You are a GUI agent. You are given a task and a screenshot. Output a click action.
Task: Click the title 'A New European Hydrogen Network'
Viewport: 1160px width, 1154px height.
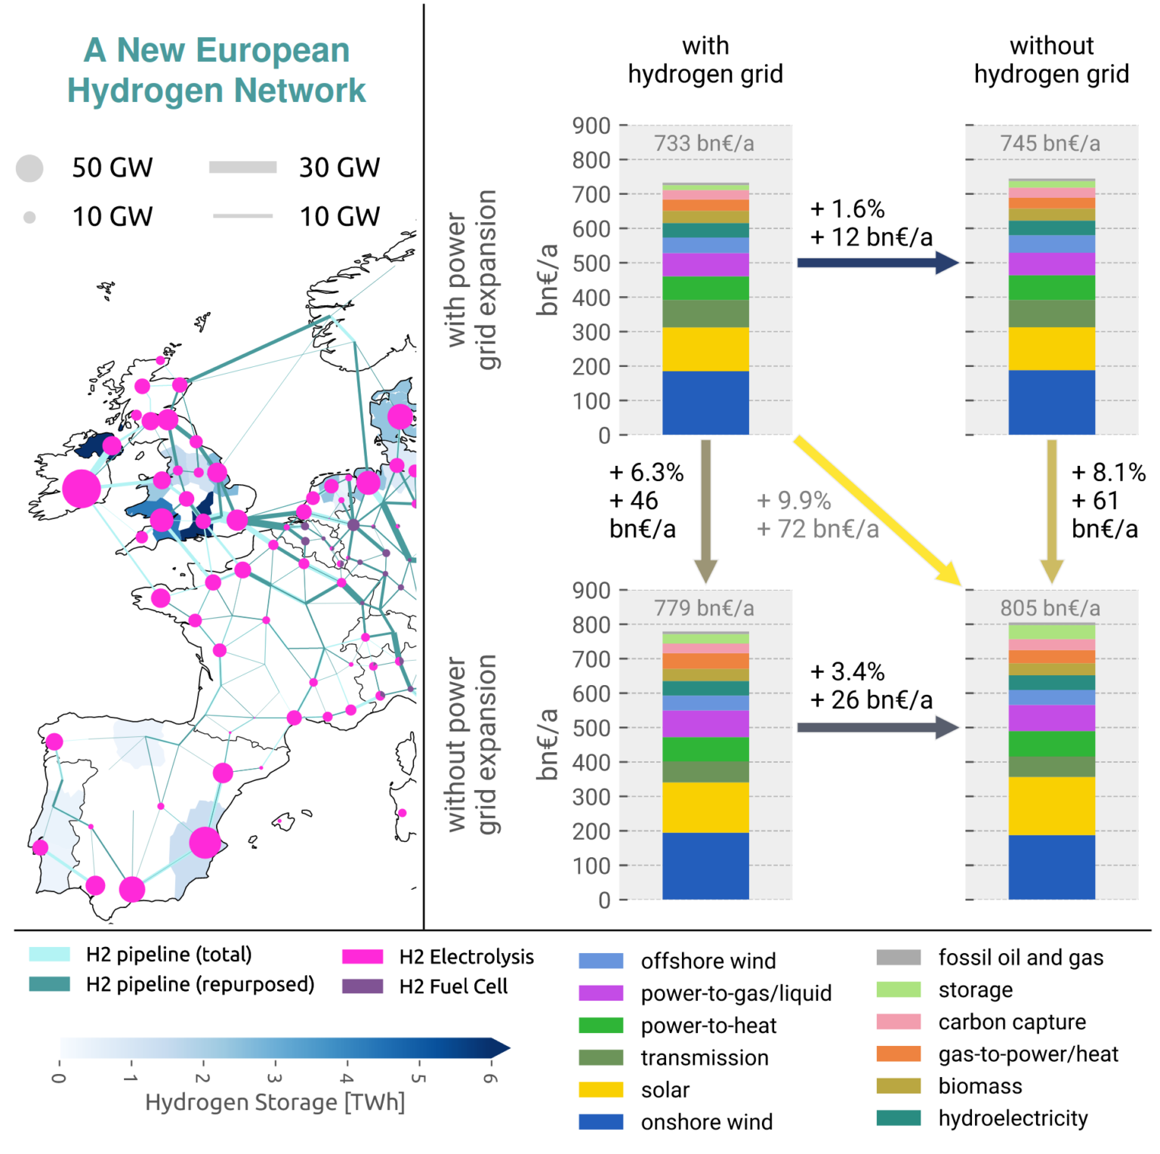216,70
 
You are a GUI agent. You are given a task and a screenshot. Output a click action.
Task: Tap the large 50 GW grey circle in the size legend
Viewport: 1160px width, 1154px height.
29,168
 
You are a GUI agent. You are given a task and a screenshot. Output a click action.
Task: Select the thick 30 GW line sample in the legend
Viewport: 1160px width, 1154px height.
242,168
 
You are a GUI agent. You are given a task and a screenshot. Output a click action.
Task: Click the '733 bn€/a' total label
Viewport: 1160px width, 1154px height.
704,143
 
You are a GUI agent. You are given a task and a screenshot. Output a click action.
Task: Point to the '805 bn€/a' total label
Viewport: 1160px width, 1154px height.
1050,608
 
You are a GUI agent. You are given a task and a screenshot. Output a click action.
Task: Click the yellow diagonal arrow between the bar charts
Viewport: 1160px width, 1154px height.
876,510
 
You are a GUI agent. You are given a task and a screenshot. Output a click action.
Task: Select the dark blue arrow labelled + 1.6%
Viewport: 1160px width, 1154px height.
876,263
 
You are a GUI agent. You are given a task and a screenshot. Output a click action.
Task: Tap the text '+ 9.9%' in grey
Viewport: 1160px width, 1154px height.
794,500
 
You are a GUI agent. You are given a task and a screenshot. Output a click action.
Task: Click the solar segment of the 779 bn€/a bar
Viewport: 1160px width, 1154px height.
705,807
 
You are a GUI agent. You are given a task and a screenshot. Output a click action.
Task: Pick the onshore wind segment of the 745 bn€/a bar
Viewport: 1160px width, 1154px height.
1051,402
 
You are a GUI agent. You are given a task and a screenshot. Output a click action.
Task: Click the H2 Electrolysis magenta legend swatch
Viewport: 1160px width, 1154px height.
362,957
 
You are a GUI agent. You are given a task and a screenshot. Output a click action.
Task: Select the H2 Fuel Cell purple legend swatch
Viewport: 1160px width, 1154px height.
362,986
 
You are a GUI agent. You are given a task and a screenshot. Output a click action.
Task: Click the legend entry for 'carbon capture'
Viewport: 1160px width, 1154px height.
1011,1022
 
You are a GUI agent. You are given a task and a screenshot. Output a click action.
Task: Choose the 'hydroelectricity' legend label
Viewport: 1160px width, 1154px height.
1013,1118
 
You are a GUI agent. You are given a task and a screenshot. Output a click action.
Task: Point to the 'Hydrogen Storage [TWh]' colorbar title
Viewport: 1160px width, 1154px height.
275,1102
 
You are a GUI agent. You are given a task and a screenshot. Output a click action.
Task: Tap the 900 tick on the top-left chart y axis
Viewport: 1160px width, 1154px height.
591,125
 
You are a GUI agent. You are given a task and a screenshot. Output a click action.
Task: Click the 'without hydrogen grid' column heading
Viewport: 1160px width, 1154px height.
1051,60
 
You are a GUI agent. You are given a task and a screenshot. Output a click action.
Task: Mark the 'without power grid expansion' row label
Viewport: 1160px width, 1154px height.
471,744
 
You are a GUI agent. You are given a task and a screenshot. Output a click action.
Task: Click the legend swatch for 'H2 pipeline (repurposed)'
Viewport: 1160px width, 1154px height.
50,984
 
